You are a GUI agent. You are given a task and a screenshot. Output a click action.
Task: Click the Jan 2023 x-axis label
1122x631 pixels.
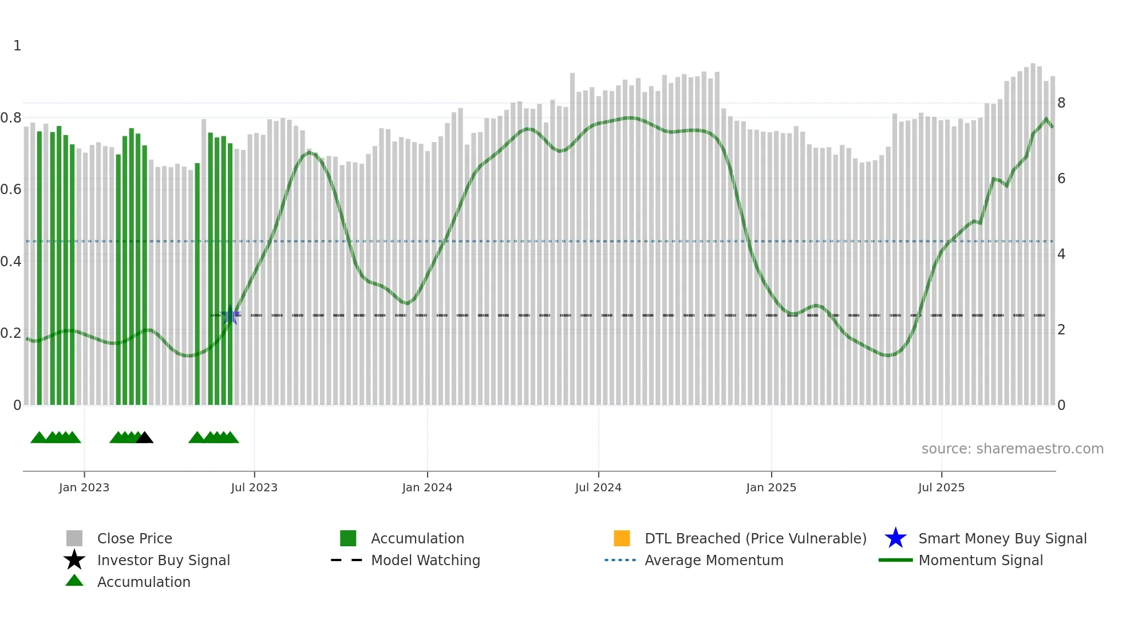click(x=84, y=487)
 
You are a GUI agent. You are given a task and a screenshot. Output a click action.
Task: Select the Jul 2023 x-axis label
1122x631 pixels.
click(x=254, y=487)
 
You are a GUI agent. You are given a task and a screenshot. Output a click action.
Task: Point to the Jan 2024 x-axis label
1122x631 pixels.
click(x=427, y=487)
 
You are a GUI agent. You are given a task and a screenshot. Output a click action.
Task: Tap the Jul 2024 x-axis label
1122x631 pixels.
click(x=598, y=487)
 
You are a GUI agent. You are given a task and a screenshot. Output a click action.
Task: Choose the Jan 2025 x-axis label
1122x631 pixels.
click(x=771, y=487)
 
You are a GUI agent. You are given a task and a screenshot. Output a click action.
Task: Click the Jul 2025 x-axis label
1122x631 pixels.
click(x=941, y=487)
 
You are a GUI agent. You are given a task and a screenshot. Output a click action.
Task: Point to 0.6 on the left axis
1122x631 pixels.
click(x=11, y=190)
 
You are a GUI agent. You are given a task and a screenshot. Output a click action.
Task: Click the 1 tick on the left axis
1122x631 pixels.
click(x=17, y=46)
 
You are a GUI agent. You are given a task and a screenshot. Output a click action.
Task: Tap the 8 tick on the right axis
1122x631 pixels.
click(x=1061, y=103)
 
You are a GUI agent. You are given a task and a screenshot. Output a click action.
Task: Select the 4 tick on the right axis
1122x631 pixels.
click(x=1061, y=254)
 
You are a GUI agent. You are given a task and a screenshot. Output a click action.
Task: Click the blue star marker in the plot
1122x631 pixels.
click(x=231, y=315)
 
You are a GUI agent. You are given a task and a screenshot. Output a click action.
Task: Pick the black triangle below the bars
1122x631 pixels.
click(x=144, y=437)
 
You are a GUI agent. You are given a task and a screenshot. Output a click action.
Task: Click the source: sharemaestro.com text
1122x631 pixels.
click(x=1012, y=449)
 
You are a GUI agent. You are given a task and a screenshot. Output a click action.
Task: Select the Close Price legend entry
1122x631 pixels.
click(x=135, y=538)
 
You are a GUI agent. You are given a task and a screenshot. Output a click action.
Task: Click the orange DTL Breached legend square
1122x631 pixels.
click(x=622, y=538)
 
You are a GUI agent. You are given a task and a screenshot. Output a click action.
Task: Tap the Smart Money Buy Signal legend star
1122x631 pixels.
click(x=895, y=538)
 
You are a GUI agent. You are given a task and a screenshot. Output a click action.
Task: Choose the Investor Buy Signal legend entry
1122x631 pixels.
click(x=163, y=560)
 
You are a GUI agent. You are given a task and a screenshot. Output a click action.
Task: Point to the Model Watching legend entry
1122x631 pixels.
click(x=425, y=560)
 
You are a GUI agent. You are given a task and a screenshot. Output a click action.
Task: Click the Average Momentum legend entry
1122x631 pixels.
click(x=714, y=560)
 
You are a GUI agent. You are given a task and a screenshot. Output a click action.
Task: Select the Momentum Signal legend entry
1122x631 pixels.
click(x=981, y=560)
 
